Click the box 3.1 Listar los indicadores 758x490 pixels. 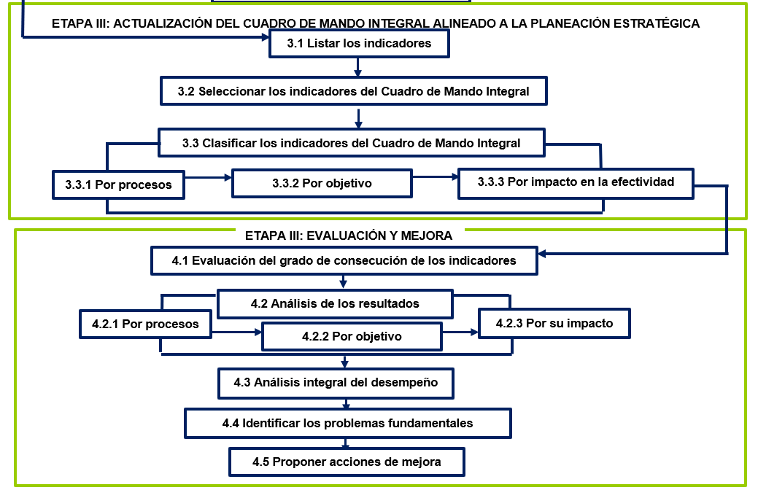pyautogui.click(x=359, y=44)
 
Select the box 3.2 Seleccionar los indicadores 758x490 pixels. pyautogui.click(x=353, y=91)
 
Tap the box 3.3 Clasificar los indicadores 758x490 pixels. pyautogui.click(x=352, y=143)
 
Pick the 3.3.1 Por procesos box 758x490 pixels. pyautogui.click(x=118, y=184)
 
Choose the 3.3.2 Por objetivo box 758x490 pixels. pyautogui.click(x=322, y=183)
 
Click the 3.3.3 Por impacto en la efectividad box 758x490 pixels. pyautogui.click(x=576, y=183)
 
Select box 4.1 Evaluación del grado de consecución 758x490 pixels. pyautogui.click(x=344, y=261)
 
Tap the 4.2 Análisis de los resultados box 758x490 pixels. pyautogui.click(x=335, y=303)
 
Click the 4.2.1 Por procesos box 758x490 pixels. pyautogui.click(x=145, y=324)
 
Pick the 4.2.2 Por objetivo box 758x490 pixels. pyautogui.click(x=352, y=336)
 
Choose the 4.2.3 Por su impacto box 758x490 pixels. pyautogui.click(x=554, y=323)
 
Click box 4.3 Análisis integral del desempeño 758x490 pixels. pyautogui.click(x=336, y=384)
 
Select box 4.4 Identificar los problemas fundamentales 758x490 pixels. pyautogui.click(x=347, y=424)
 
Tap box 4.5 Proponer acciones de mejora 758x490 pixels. pyautogui.click(x=347, y=462)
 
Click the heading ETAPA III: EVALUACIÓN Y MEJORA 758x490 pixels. pyautogui.click(x=349, y=236)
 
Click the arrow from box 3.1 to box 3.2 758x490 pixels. pyautogui.click(x=357, y=67)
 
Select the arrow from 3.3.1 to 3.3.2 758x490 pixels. pyautogui.click(x=209, y=178)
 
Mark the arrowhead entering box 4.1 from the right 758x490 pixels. pyautogui.click(x=542, y=254)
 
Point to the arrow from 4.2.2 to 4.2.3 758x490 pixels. pyautogui.click(x=460, y=332)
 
